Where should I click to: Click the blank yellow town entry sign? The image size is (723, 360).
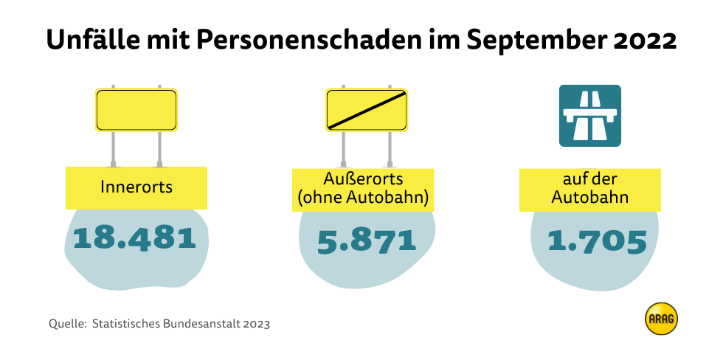coord(136,110)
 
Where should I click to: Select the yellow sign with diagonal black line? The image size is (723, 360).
coord(367,110)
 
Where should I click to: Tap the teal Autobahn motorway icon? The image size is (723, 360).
coord(590,115)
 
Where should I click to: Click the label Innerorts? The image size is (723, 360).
coord(136,187)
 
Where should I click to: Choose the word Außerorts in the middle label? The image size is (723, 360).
coord(361,179)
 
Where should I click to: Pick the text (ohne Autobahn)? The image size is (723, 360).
coord(363,198)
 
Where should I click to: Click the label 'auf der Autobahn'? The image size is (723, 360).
coord(589,189)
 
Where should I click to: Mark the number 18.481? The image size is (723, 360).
coord(135,238)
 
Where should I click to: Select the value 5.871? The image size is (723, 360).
coord(367,241)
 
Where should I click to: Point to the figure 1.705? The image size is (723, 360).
coord(597,241)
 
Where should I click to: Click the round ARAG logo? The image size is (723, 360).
coord(661,318)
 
